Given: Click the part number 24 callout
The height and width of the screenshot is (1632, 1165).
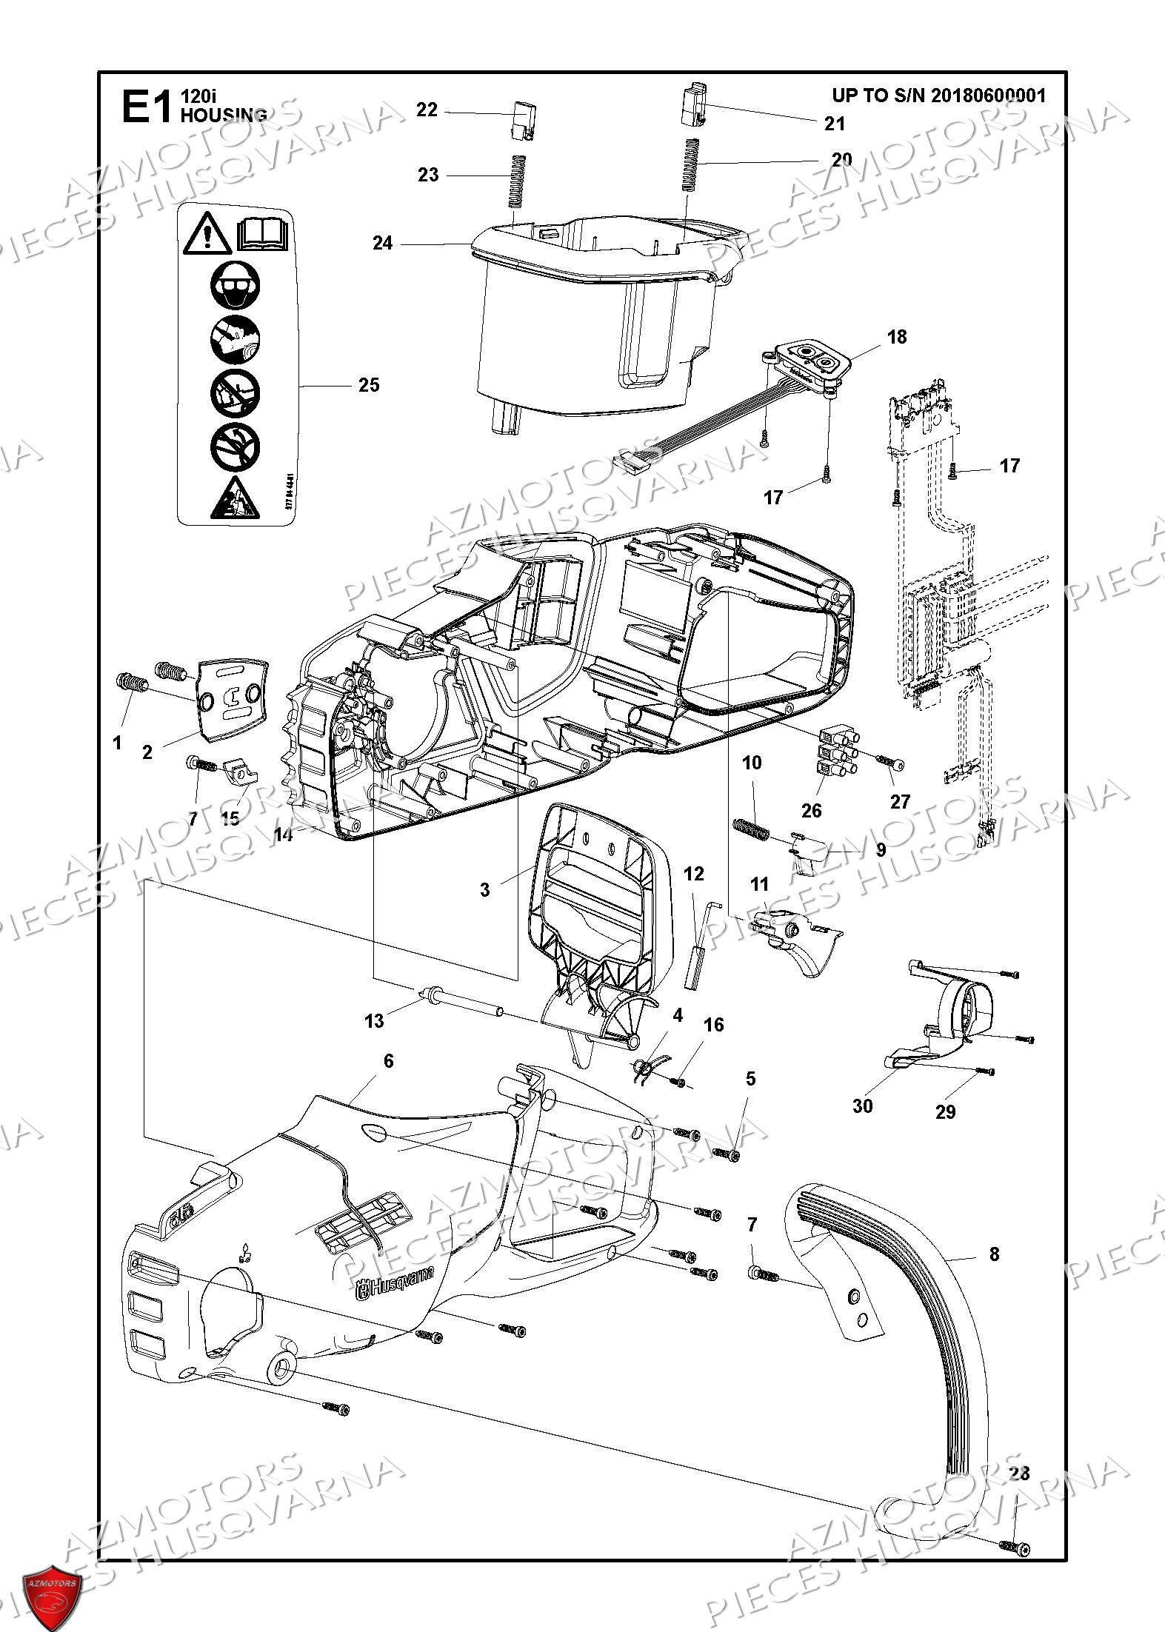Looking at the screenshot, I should coord(382,243).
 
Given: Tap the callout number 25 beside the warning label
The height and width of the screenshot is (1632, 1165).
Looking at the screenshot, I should coord(368,385).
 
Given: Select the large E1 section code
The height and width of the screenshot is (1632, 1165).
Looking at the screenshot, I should coord(147,107).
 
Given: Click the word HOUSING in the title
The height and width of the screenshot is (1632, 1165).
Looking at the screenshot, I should coord(224,115).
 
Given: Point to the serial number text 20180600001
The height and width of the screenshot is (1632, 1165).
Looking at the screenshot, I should coord(988,96).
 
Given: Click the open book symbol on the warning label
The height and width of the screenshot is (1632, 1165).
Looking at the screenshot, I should coord(263,235).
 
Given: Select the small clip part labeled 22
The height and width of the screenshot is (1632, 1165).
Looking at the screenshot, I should coord(524,118).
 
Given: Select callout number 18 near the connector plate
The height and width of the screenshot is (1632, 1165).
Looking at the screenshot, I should coord(896,337).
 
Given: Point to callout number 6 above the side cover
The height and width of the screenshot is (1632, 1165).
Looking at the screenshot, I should coord(388,1061).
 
